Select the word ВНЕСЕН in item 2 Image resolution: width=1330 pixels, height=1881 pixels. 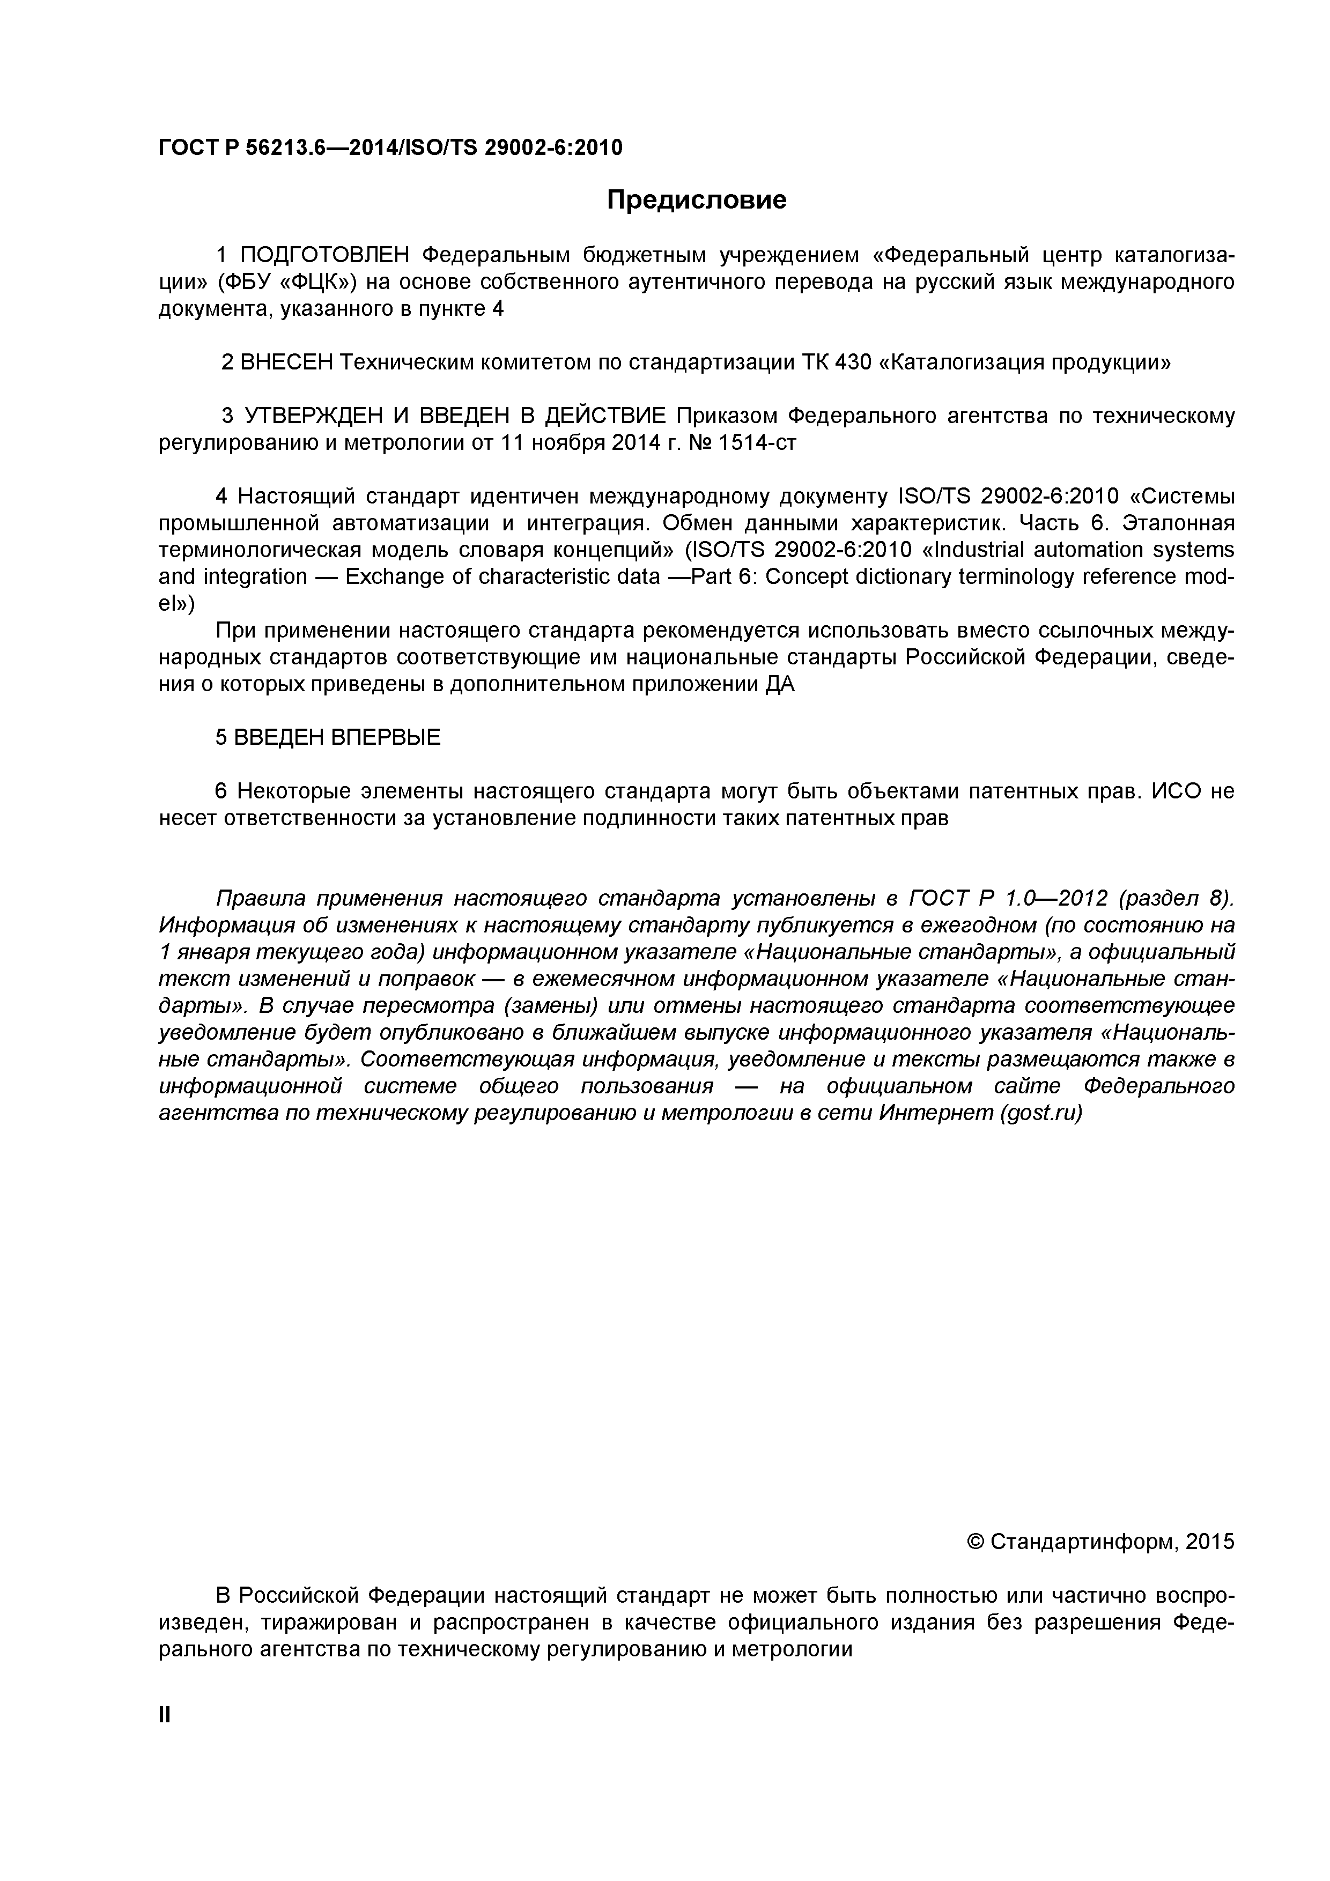(287, 362)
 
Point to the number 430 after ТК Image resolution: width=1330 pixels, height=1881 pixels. (852, 362)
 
